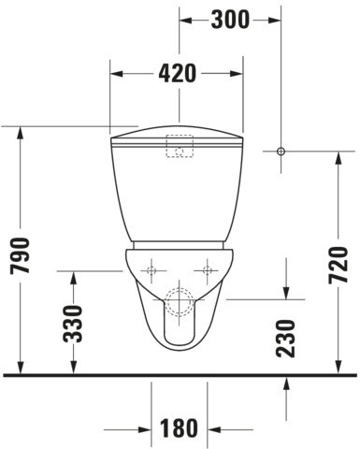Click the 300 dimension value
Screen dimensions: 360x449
[x=230, y=20]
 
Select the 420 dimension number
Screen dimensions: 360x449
[x=178, y=74]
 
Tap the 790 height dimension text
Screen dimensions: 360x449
[x=20, y=255]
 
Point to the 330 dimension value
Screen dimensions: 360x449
[x=73, y=324]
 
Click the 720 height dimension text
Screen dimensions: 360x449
[x=338, y=265]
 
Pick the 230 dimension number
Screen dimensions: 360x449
[x=285, y=339]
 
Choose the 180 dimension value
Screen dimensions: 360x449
[x=179, y=428]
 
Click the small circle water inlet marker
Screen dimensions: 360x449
[x=281, y=152]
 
